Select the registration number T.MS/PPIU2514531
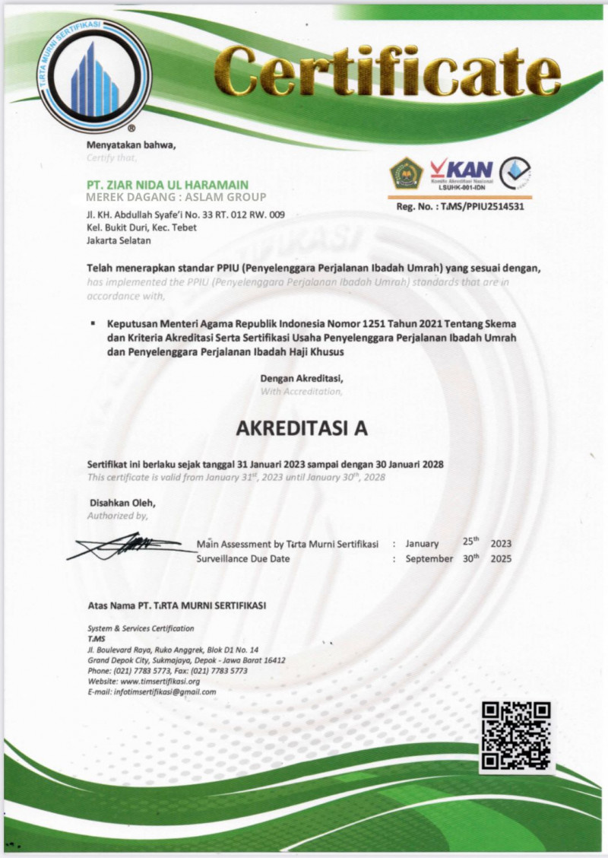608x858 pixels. coord(483,206)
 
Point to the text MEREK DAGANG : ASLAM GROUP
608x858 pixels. coord(177,198)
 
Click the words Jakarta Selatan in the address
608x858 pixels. coord(120,241)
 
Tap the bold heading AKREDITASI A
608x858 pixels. coord(302,428)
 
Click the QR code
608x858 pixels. coord(516,735)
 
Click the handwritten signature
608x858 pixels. coord(129,545)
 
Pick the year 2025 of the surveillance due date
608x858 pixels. coord(501,559)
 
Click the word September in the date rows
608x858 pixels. coord(429,559)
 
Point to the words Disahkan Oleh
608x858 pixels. coord(122,503)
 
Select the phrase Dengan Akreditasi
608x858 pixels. coord(302,378)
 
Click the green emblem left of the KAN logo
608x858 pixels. coord(407,173)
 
